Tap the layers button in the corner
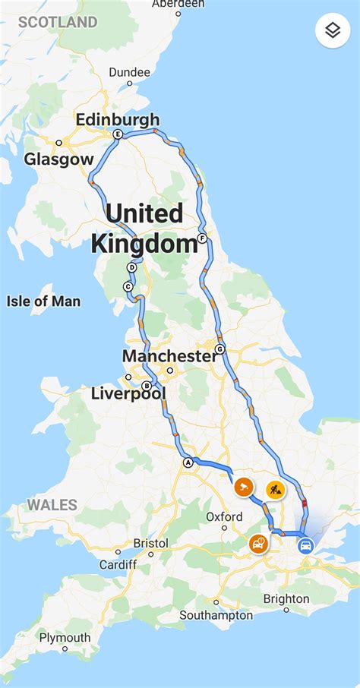coord(333,30)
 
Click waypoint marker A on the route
coord(188,462)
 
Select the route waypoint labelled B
coord(147,386)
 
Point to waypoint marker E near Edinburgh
coord(117,134)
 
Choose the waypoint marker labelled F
coord(202,238)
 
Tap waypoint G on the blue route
coord(220,349)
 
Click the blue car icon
coord(305,545)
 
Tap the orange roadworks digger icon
coord(276,489)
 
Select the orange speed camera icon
coord(243,487)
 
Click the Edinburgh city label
coord(118,119)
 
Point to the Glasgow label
coord(58,159)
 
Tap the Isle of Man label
coord(43,301)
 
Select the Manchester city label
coord(169,356)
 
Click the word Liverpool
coord(128,393)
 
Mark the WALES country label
coord(52,505)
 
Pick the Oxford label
coord(225,517)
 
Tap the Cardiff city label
coord(118,564)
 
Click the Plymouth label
coord(65,637)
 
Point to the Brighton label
coord(286,598)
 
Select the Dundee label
coord(130,72)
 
